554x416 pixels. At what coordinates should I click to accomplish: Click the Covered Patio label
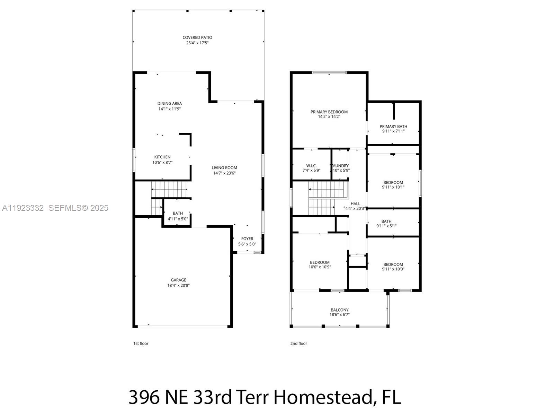pos(197,37)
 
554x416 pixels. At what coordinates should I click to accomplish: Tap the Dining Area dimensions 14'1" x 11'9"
pos(170,109)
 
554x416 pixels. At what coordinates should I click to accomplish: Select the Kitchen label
pos(162,157)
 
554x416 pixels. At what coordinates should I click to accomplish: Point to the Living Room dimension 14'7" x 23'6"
pos(224,173)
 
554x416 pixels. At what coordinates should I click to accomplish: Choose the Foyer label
pos(247,239)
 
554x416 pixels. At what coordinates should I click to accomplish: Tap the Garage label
pos(178,280)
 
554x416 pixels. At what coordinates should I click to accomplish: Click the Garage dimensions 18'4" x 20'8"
pos(178,286)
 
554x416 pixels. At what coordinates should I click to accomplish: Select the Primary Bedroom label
pos(329,112)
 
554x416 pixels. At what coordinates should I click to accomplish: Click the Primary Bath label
pos(393,127)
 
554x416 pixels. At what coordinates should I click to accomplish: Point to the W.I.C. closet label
pos(311,166)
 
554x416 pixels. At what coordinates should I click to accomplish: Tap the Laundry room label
pos(340,166)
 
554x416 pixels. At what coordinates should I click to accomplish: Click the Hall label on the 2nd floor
pos(355,204)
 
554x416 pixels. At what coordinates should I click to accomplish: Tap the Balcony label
pos(339,310)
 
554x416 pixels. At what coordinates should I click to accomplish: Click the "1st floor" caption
pos(141,344)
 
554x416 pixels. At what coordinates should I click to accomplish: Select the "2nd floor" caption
pos(298,344)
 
